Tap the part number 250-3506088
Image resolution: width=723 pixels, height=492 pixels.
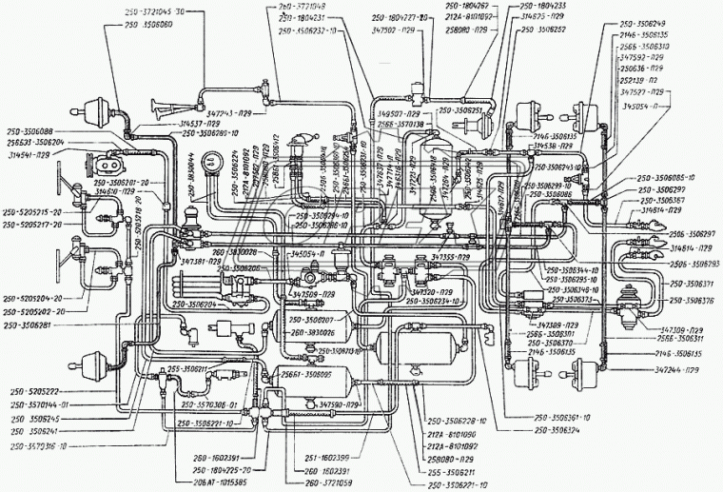coord(34,130)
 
